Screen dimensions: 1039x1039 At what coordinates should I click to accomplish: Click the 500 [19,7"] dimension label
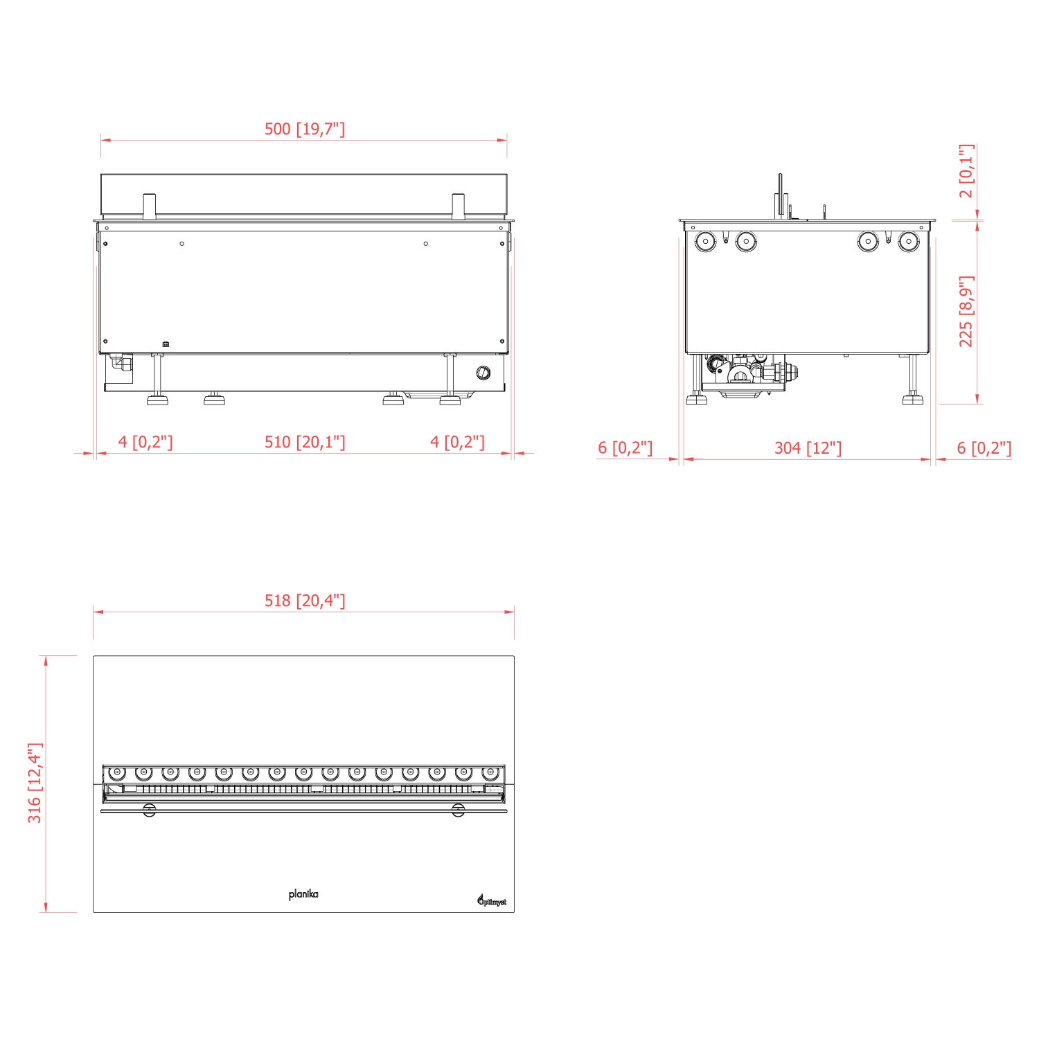[304, 129]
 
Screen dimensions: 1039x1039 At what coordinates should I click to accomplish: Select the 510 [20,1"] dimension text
[305, 442]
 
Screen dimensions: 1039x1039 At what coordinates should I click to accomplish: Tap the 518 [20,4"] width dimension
[305, 601]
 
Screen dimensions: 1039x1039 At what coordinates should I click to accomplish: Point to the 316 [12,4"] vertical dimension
[35, 783]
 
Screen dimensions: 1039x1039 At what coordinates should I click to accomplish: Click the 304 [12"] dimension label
[808, 448]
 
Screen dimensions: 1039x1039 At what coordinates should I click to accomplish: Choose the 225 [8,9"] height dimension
[966, 311]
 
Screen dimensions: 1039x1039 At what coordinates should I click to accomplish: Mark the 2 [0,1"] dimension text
[966, 171]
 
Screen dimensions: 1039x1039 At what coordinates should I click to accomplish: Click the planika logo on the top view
[303, 894]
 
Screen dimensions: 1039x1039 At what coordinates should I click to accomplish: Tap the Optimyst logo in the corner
[491, 900]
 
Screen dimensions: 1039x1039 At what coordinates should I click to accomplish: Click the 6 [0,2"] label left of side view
[625, 447]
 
